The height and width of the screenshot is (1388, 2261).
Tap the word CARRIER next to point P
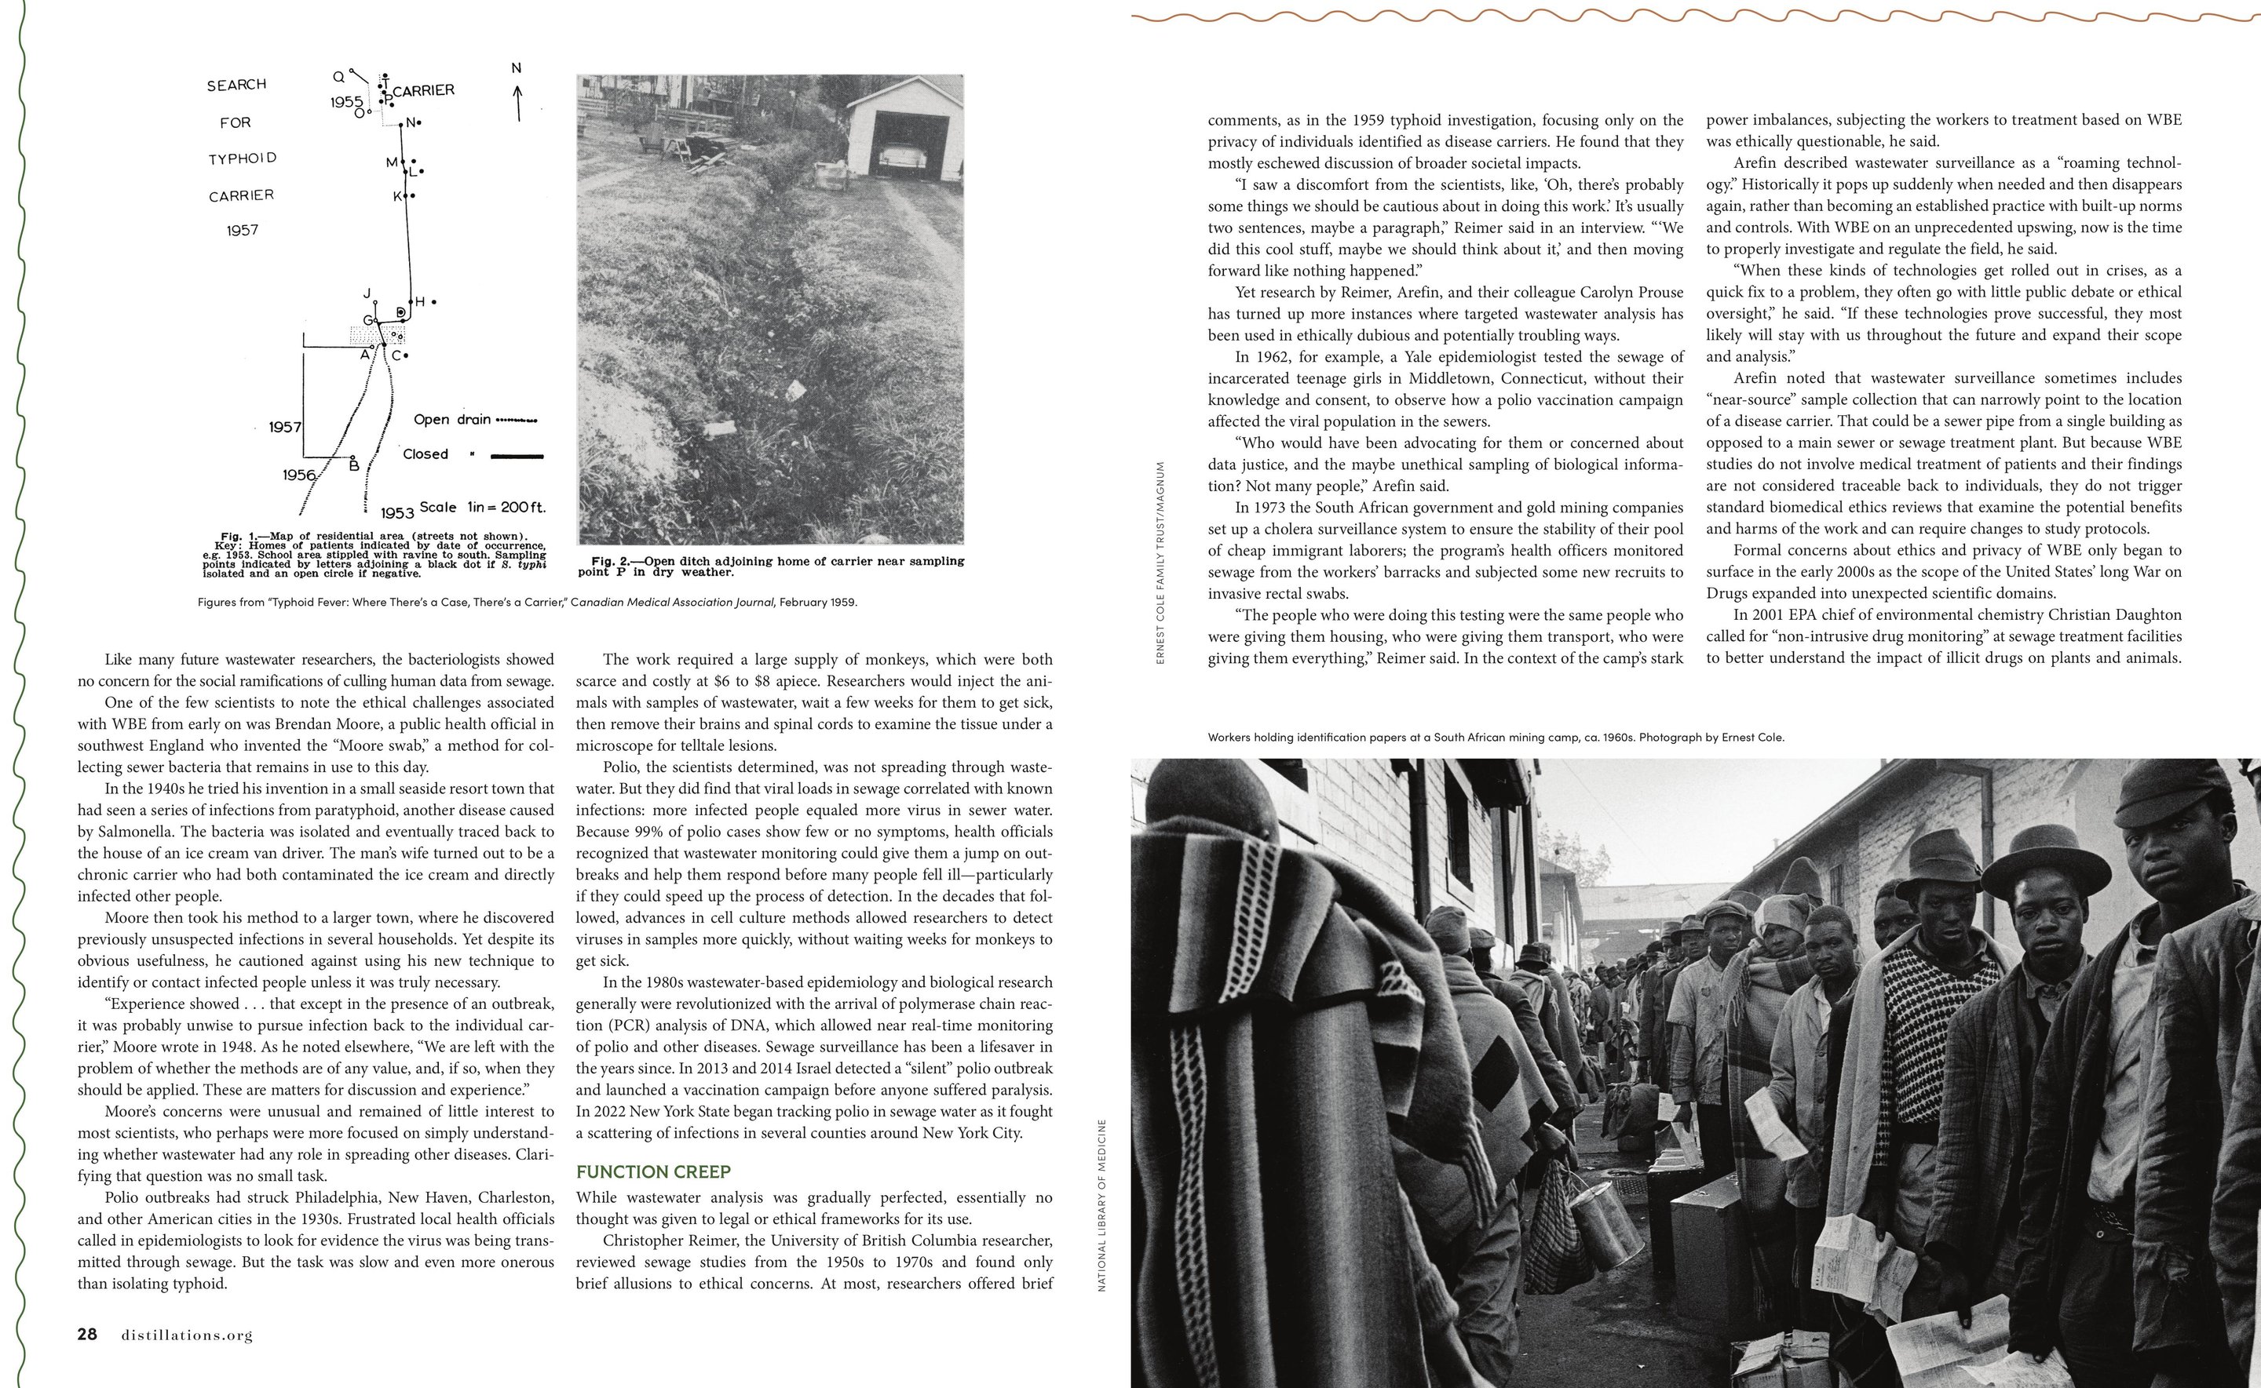(423, 90)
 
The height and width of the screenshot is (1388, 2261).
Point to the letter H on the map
(421, 301)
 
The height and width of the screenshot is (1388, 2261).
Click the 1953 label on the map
(396, 512)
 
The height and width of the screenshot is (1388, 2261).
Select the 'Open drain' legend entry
(452, 420)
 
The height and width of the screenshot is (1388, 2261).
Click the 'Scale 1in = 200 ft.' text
(482, 507)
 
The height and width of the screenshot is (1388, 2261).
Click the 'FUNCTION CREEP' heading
(653, 1171)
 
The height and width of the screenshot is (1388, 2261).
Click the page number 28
(87, 1334)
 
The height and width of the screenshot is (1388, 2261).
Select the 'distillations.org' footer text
(186, 1335)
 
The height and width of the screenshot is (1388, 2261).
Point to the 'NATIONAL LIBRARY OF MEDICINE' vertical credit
(1102, 1204)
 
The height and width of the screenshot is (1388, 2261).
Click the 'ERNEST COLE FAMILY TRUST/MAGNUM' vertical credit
(1161, 562)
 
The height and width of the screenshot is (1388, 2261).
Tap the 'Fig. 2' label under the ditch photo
(615, 561)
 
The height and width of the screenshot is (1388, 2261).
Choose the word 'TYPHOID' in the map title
(243, 158)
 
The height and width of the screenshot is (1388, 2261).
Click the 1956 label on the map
(299, 475)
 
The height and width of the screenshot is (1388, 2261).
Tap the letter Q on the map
(338, 77)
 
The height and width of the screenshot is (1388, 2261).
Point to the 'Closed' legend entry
(426, 454)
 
